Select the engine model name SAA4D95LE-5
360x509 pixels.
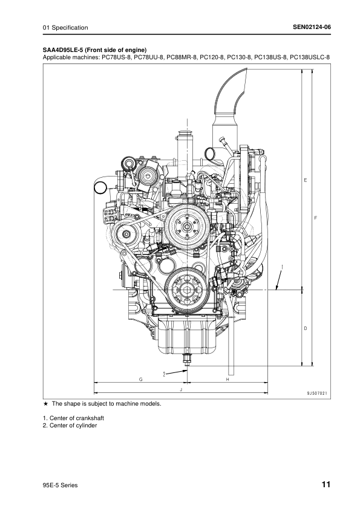tap(65, 50)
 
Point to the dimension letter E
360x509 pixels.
tap(306, 180)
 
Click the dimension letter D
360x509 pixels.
tap(306, 328)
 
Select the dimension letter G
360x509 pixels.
tap(140, 379)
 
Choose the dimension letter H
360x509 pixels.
tap(227, 379)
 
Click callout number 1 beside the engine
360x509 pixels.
tap(283, 265)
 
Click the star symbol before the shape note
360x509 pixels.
tap(45, 403)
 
